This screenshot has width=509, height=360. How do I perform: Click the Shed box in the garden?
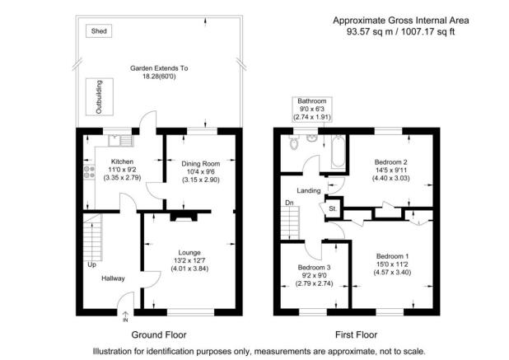click(x=100, y=30)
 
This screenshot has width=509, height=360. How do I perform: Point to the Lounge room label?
click(x=189, y=253)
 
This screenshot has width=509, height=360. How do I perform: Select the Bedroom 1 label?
click(x=391, y=256)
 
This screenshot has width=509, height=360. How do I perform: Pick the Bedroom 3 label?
click(x=314, y=268)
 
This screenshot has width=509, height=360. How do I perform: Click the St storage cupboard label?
click(x=333, y=208)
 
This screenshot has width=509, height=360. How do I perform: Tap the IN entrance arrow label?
click(x=125, y=320)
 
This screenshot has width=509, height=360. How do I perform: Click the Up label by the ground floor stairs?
click(x=90, y=265)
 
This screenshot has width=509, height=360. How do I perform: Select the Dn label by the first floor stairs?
click(x=287, y=203)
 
